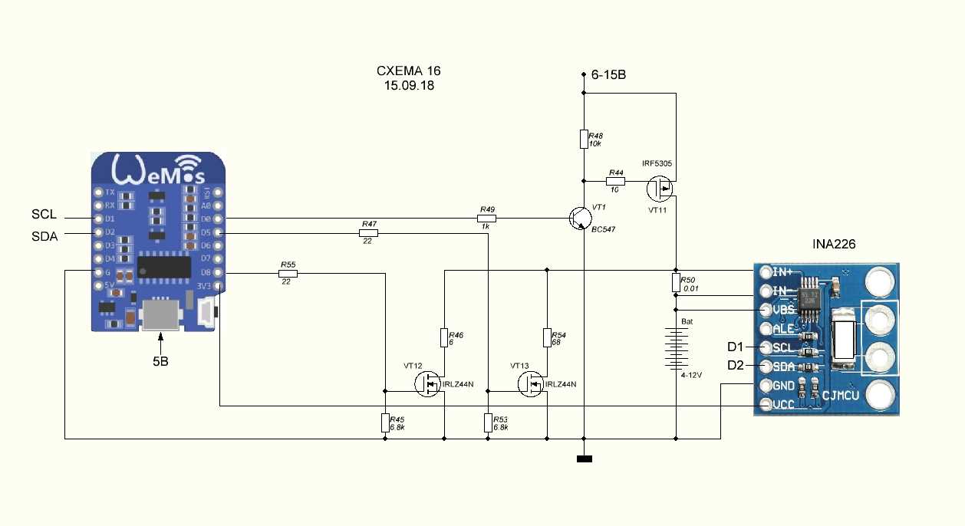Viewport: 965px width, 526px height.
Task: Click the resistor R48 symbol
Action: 584,139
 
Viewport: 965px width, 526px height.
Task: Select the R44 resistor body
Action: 615,182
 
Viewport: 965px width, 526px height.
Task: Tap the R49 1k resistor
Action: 486,219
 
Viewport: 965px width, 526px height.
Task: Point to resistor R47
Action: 369,232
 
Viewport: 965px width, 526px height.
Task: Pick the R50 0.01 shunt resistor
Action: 676,283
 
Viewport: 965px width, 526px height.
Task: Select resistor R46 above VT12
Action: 444,338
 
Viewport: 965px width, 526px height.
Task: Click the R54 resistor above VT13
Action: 547,338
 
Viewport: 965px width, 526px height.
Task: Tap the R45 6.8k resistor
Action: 385,422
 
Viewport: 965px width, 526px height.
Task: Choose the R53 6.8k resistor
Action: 488,422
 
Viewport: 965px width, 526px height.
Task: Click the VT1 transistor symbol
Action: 578,219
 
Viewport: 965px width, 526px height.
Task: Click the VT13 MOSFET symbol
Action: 531,383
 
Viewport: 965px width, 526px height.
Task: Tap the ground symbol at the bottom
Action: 585,459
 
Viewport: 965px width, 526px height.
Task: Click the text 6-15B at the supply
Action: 608,75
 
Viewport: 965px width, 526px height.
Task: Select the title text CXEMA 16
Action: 409,71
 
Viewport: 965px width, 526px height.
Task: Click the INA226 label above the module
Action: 834,244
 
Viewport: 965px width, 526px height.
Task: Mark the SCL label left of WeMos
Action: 44,214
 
